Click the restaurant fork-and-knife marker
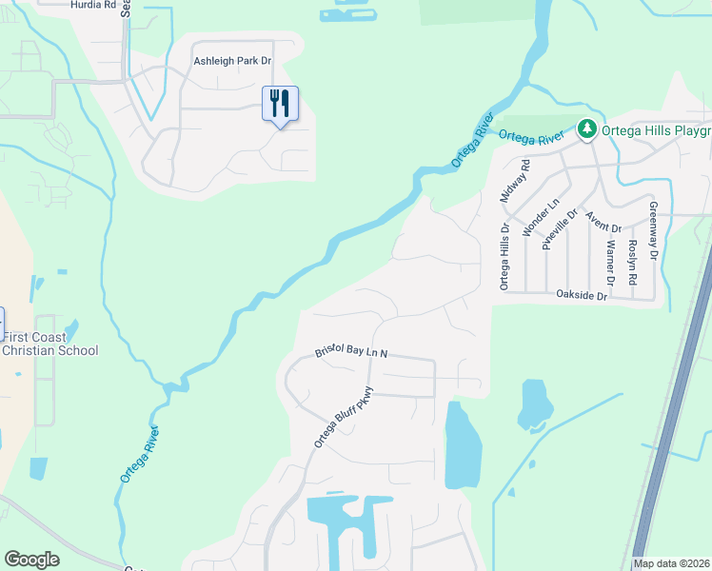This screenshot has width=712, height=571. (x=280, y=103)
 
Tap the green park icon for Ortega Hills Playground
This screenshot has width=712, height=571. (x=587, y=128)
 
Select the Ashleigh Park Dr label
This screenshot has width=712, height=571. (x=233, y=61)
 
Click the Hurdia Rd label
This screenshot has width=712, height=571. (x=93, y=5)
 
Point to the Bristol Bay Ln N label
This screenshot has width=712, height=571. (x=351, y=353)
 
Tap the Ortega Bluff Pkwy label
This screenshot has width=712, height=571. (x=347, y=416)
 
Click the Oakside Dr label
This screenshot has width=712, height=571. (x=582, y=296)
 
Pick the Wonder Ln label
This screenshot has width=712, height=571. (x=540, y=217)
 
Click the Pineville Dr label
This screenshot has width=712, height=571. (x=560, y=229)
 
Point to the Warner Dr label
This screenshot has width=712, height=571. (x=610, y=262)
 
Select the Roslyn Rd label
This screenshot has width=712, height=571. (x=632, y=262)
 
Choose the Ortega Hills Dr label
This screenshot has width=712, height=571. (x=504, y=257)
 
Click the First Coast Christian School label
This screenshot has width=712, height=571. (x=49, y=344)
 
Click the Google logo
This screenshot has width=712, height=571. (x=31, y=560)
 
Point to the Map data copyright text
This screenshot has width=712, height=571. (x=671, y=563)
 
